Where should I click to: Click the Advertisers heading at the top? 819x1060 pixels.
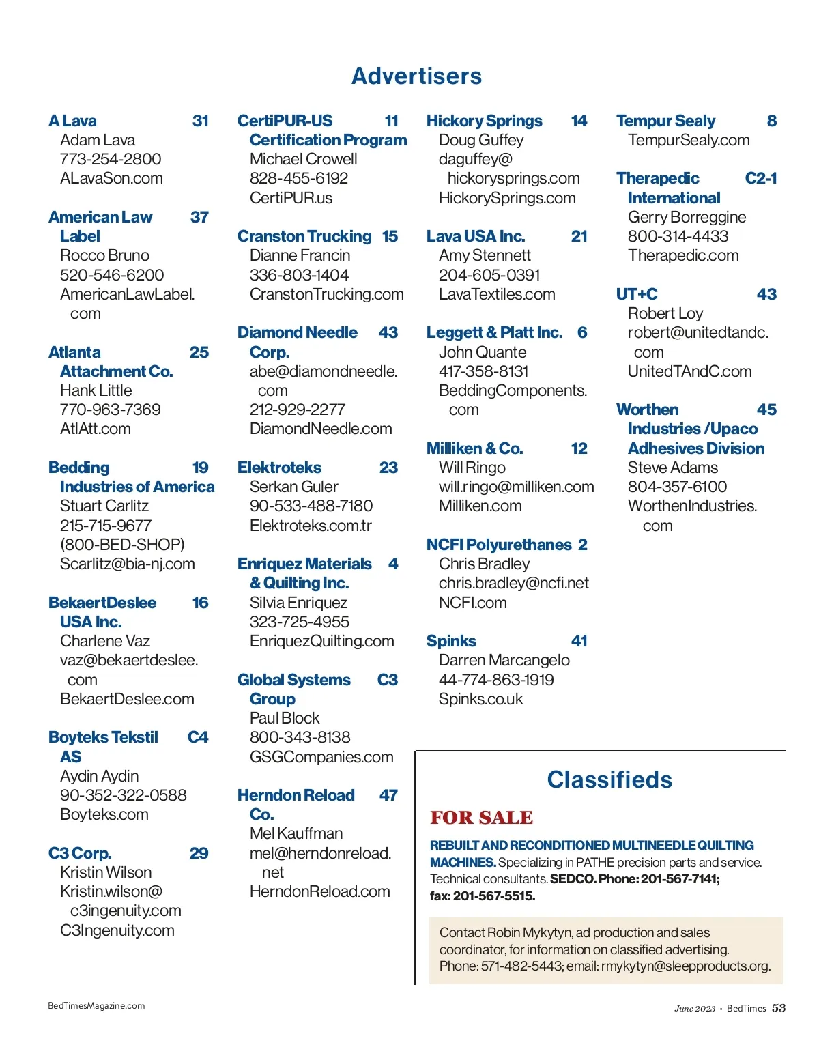coord(416,76)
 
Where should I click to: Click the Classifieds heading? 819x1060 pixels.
coord(609,779)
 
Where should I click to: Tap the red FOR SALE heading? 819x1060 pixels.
coord(481,817)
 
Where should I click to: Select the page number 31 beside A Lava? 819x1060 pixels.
coord(201,121)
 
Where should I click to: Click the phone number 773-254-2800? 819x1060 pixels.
coord(111,159)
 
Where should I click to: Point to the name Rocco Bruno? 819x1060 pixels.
coord(104,255)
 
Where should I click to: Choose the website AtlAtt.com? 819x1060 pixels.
coord(96,429)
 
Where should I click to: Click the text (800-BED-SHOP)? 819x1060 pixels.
coord(122,545)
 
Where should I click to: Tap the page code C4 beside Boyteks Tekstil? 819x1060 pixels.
coord(198,737)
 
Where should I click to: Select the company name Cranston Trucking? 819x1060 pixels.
coord(304,236)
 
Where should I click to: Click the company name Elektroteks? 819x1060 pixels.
coord(279,468)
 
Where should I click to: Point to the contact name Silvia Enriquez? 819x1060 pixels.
coord(298,603)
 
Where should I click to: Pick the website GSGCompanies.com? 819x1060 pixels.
coord(321,757)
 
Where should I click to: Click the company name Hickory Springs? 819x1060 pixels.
coord(484,121)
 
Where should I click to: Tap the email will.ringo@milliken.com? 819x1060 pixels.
coord(516,487)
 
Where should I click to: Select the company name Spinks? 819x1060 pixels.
coord(451,641)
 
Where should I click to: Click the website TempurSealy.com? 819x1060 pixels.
coord(689,140)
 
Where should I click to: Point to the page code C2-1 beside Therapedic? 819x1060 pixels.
coord(761,178)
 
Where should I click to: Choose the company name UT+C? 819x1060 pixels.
coord(637,294)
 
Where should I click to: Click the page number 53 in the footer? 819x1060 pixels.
coord(779,1008)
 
